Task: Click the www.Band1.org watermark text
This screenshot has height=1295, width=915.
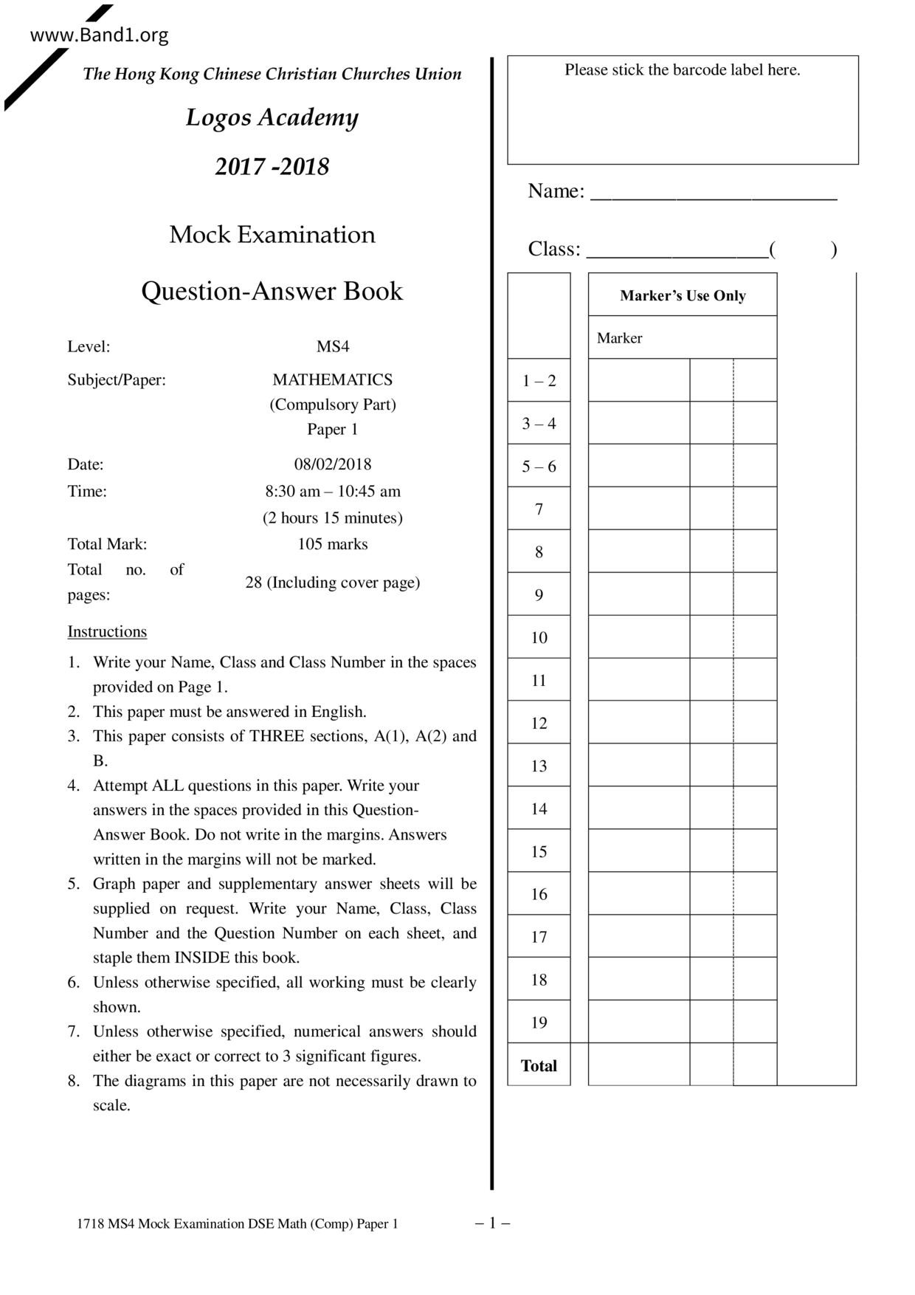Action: point(99,35)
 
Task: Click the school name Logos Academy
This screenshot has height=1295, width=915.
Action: point(272,117)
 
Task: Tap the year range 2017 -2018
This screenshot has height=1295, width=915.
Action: point(272,166)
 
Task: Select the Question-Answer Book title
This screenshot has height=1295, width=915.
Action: point(272,291)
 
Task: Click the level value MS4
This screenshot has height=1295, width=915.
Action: point(333,346)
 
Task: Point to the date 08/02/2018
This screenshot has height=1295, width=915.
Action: point(333,464)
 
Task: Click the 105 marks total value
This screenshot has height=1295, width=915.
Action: point(333,544)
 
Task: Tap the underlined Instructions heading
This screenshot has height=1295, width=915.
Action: point(107,631)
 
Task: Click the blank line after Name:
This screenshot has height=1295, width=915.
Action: point(714,193)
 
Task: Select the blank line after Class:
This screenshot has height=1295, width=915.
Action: point(677,252)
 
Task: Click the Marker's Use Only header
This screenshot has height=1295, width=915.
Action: point(683,295)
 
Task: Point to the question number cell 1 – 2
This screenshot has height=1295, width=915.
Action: point(539,381)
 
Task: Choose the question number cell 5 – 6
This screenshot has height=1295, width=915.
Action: point(539,467)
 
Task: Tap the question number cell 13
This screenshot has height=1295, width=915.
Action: point(539,766)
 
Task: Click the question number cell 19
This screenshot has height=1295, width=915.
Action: point(539,1023)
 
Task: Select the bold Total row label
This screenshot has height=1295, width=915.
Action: point(539,1065)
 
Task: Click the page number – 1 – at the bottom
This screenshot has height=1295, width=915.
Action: point(492,1223)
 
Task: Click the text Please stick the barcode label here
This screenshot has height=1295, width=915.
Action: point(683,70)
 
